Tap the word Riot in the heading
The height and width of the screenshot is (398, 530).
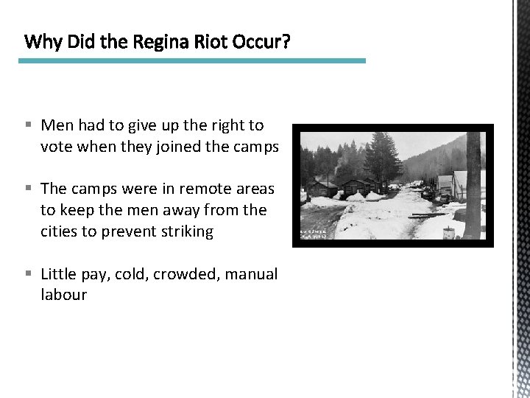coord(212,42)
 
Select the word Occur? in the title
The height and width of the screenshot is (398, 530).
coord(261,42)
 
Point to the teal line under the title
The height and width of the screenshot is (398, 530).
coord(191,60)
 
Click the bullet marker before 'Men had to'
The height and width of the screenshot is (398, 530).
coord(28,126)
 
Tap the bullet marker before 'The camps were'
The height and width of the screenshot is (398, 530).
coord(28,189)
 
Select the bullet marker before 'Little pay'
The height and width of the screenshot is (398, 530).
coord(28,275)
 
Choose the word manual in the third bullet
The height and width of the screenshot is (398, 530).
coord(252,274)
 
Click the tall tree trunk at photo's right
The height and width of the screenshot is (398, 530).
coord(472,184)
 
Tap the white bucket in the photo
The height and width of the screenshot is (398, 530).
coord(448,233)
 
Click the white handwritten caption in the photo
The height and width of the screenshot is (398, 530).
coord(313,234)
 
